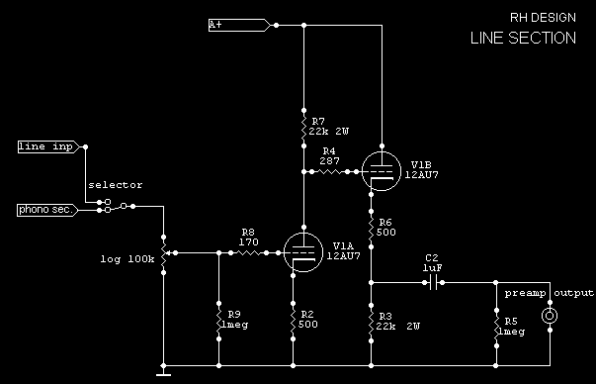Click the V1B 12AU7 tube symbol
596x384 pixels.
click(x=380, y=171)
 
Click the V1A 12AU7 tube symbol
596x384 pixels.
click(x=303, y=253)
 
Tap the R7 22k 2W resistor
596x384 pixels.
click(x=303, y=126)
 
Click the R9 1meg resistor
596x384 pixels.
click(x=217, y=318)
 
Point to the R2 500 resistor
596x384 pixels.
click(x=294, y=318)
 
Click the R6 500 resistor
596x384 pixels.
click(x=370, y=230)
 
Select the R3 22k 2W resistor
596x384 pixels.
click(x=370, y=322)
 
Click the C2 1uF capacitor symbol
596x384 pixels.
click(x=431, y=282)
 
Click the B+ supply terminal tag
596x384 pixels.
click(x=238, y=24)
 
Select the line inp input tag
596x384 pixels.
click(x=45, y=146)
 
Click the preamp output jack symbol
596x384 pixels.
click(x=550, y=317)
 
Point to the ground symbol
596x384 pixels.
click(x=164, y=371)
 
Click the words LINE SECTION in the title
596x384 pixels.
click(x=522, y=39)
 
